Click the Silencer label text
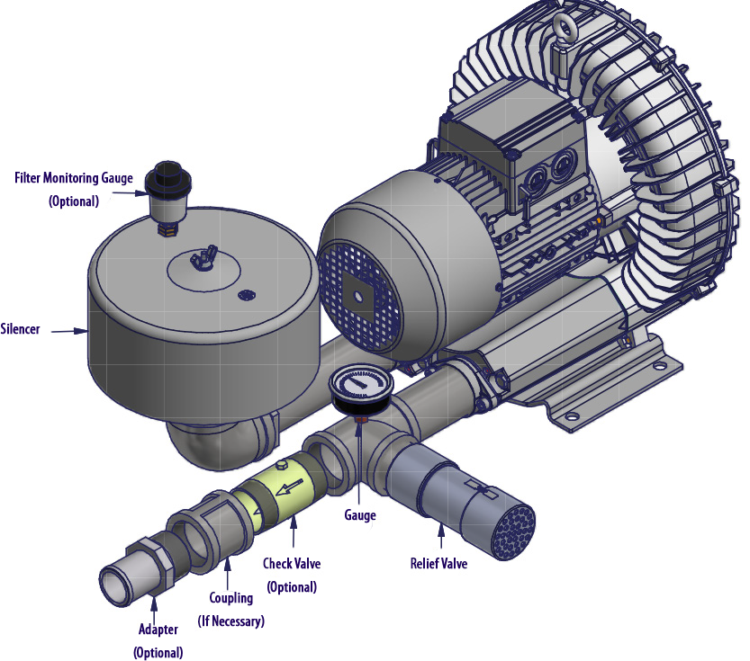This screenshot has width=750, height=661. [21, 329]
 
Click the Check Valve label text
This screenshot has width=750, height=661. [292, 564]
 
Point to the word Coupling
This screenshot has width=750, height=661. [231, 598]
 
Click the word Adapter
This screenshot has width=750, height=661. [158, 630]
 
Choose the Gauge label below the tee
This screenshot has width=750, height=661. [359, 515]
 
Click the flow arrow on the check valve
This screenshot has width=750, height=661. [290, 488]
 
